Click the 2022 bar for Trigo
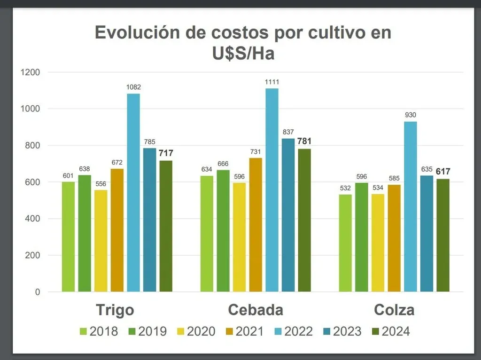(x=133, y=193)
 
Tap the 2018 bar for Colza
(x=345, y=243)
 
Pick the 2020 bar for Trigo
(x=101, y=241)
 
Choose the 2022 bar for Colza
(x=410, y=207)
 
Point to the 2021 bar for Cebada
(x=256, y=225)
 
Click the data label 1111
(x=272, y=82)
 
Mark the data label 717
(x=165, y=153)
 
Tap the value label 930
(x=410, y=115)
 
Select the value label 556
(x=101, y=184)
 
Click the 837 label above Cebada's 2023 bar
(x=288, y=132)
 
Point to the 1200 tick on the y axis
(x=30, y=72)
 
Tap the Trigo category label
(x=115, y=310)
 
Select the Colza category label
(x=394, y=310)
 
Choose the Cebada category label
(x=256, y=310)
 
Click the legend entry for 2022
(x=292, y=331)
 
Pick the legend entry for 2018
(x=98, y=331)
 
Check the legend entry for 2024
(x=389, y=331)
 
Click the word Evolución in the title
(x=137, y=33)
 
